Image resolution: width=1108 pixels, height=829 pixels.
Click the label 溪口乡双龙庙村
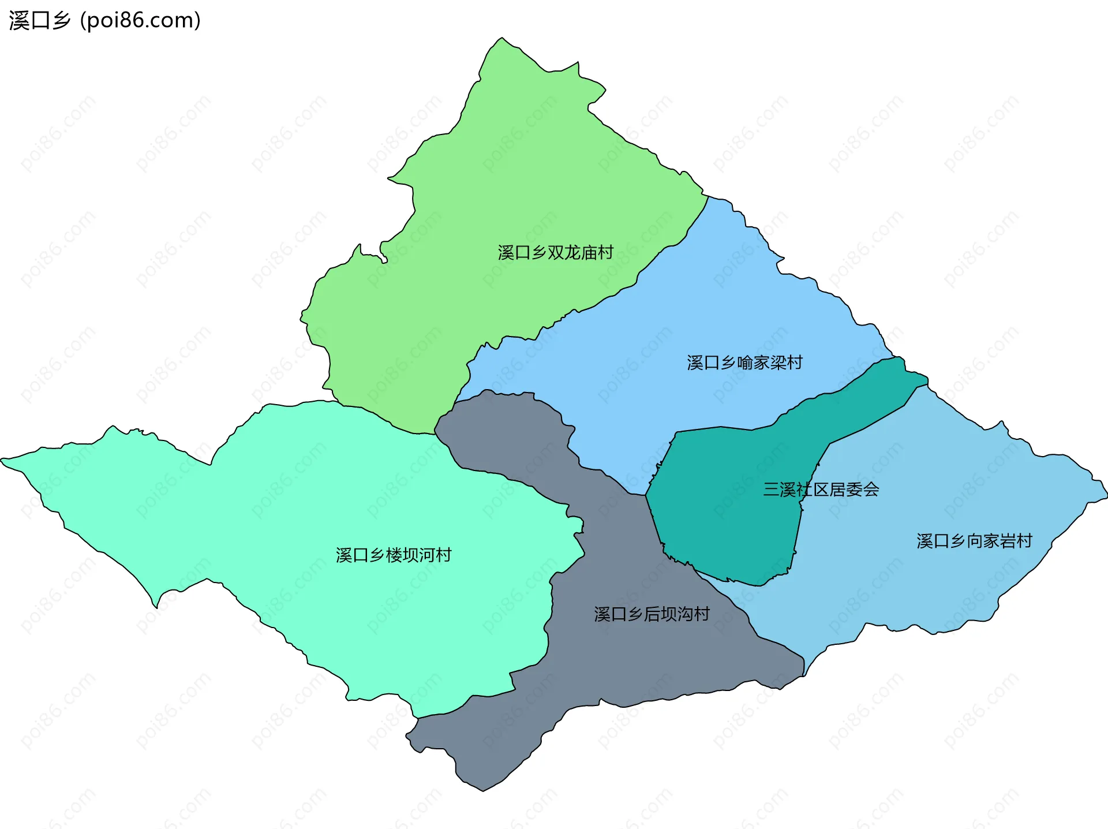[x=555, y=253]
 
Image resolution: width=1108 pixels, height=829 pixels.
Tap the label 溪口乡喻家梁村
[x=744, y=363]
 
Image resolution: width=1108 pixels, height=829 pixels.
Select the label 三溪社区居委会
[x=821, y=490]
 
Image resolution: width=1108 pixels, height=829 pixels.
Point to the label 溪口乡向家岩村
[x=974, y=541]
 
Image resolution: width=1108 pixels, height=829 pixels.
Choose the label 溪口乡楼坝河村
[x=393, y=555]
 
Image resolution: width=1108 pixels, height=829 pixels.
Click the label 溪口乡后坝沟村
[x=652, y=614]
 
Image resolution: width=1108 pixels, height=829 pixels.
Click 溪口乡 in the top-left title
[x=39, y=21]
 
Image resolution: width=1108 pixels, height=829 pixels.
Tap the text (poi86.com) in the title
[x=140, y=21]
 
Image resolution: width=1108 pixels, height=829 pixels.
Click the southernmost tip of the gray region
[x=483, y=790]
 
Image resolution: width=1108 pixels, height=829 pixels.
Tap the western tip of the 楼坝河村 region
[x=2, y=460]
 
